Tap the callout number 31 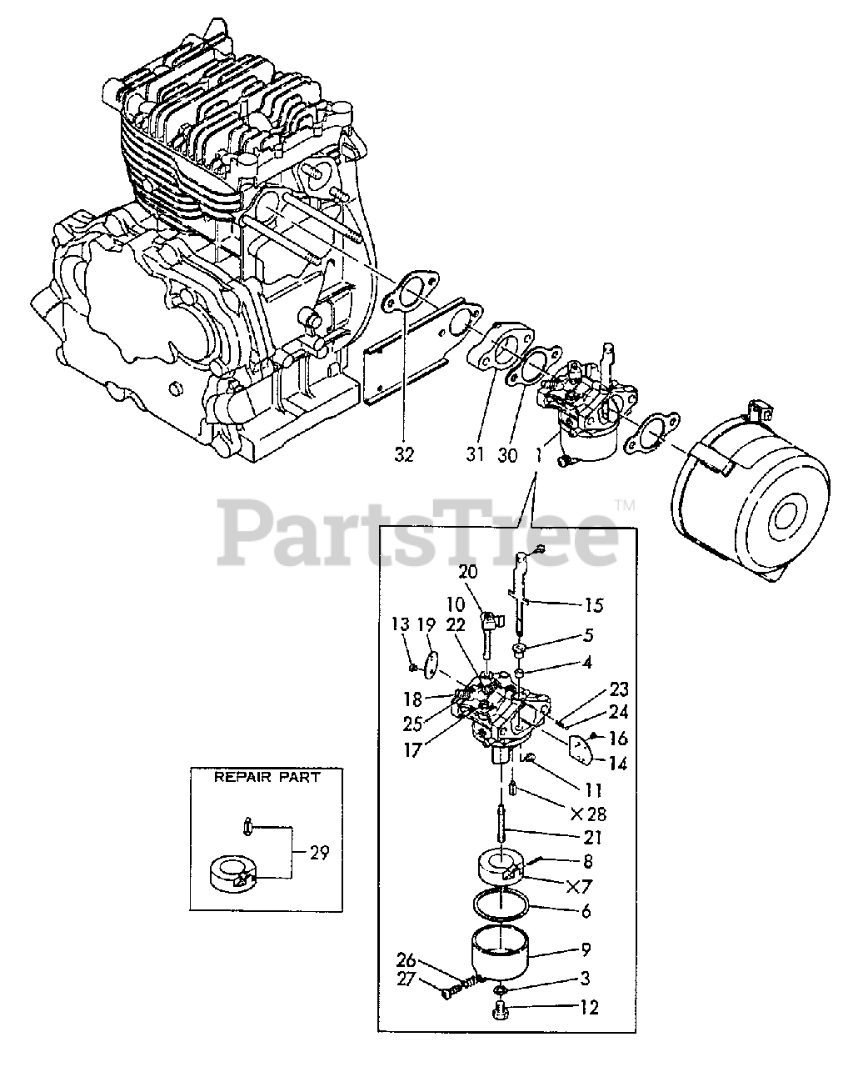(x=475, y=455)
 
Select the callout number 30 (x=506, y=455)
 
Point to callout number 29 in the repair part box (x=318, y=853)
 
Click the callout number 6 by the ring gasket (x=587, y=911)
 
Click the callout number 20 (x=468, y=572)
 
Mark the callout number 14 (x=617, y=762)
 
